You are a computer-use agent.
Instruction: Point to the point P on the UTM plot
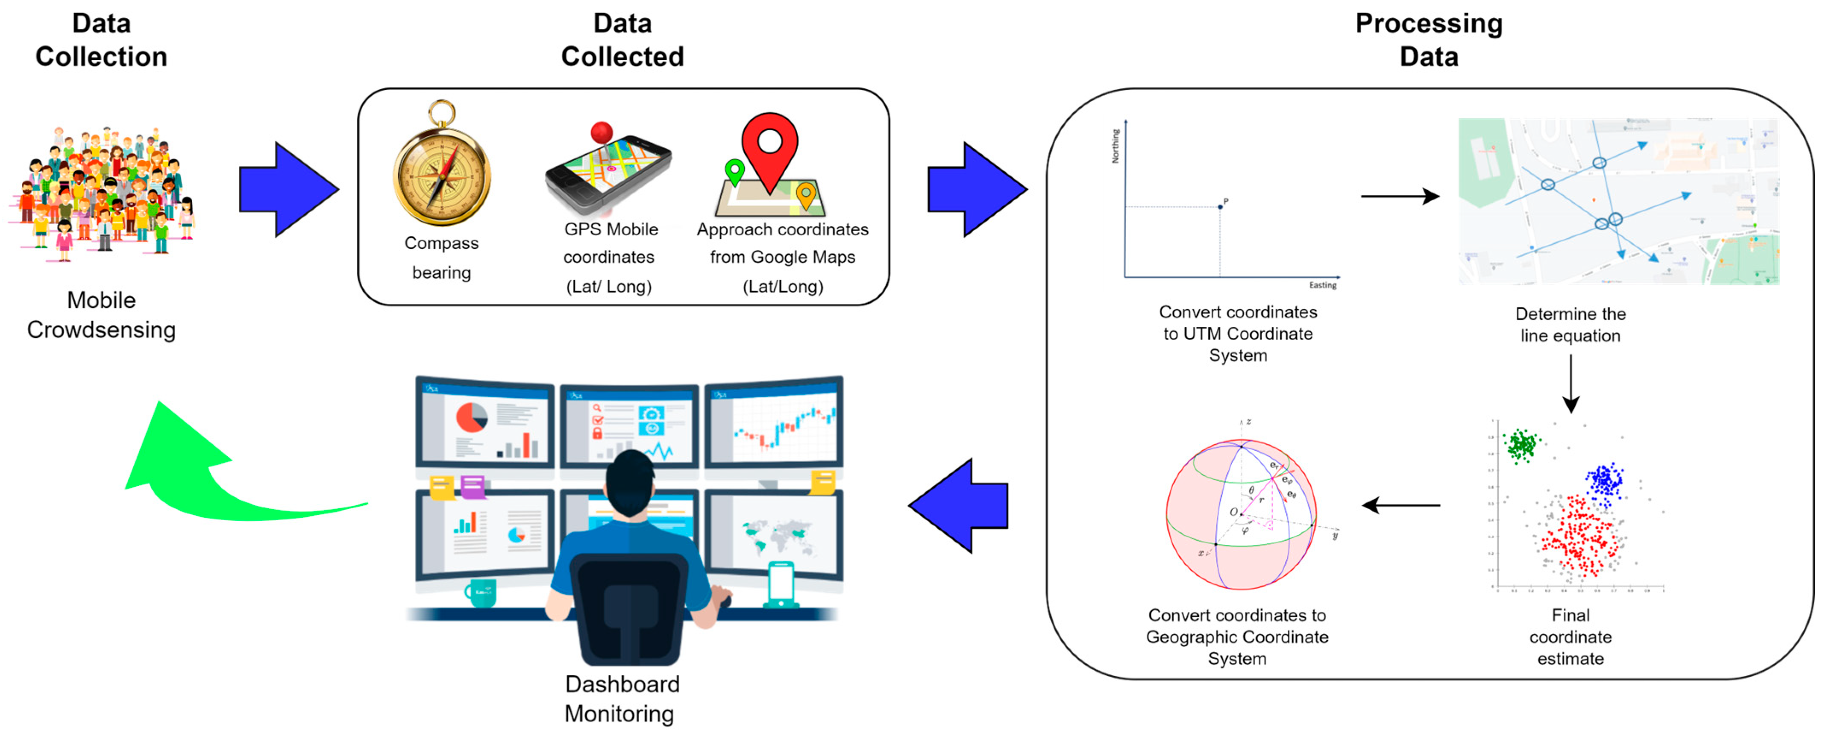[1220, 206]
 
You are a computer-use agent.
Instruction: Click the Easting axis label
[1322, 285]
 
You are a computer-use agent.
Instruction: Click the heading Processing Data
[1428, 40]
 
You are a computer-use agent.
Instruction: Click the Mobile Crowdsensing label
[101, 315]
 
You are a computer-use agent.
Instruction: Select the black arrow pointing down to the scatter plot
[1571, 383]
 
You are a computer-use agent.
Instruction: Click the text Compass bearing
[442, 258]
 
